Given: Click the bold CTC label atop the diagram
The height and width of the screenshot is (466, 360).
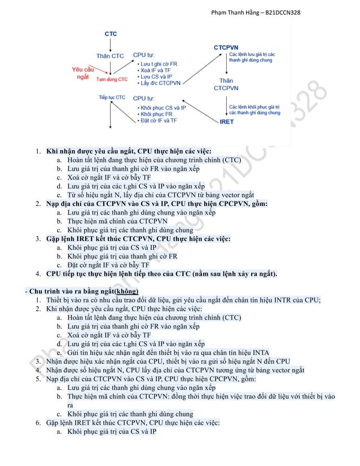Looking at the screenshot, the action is pos(111,34).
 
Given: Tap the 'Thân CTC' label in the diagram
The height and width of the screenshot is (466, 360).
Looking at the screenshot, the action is pos(110,56).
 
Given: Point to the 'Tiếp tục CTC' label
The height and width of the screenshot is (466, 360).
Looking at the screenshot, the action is pos(112,98).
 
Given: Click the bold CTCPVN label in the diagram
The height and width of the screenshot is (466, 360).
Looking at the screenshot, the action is pos(226,47).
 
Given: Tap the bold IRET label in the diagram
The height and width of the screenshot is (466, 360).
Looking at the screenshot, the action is pos(226,121).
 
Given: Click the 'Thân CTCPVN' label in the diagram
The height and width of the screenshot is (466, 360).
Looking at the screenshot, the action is pos(226,85).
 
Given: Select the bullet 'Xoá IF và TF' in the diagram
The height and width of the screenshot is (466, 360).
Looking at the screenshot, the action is pos(155,70).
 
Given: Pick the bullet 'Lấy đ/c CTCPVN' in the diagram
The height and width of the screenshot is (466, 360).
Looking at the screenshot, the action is pos(159,83).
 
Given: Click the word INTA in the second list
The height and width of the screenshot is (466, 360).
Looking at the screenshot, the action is pos(258,352).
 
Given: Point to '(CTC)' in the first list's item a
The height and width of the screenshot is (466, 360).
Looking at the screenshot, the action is pos(231,160).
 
